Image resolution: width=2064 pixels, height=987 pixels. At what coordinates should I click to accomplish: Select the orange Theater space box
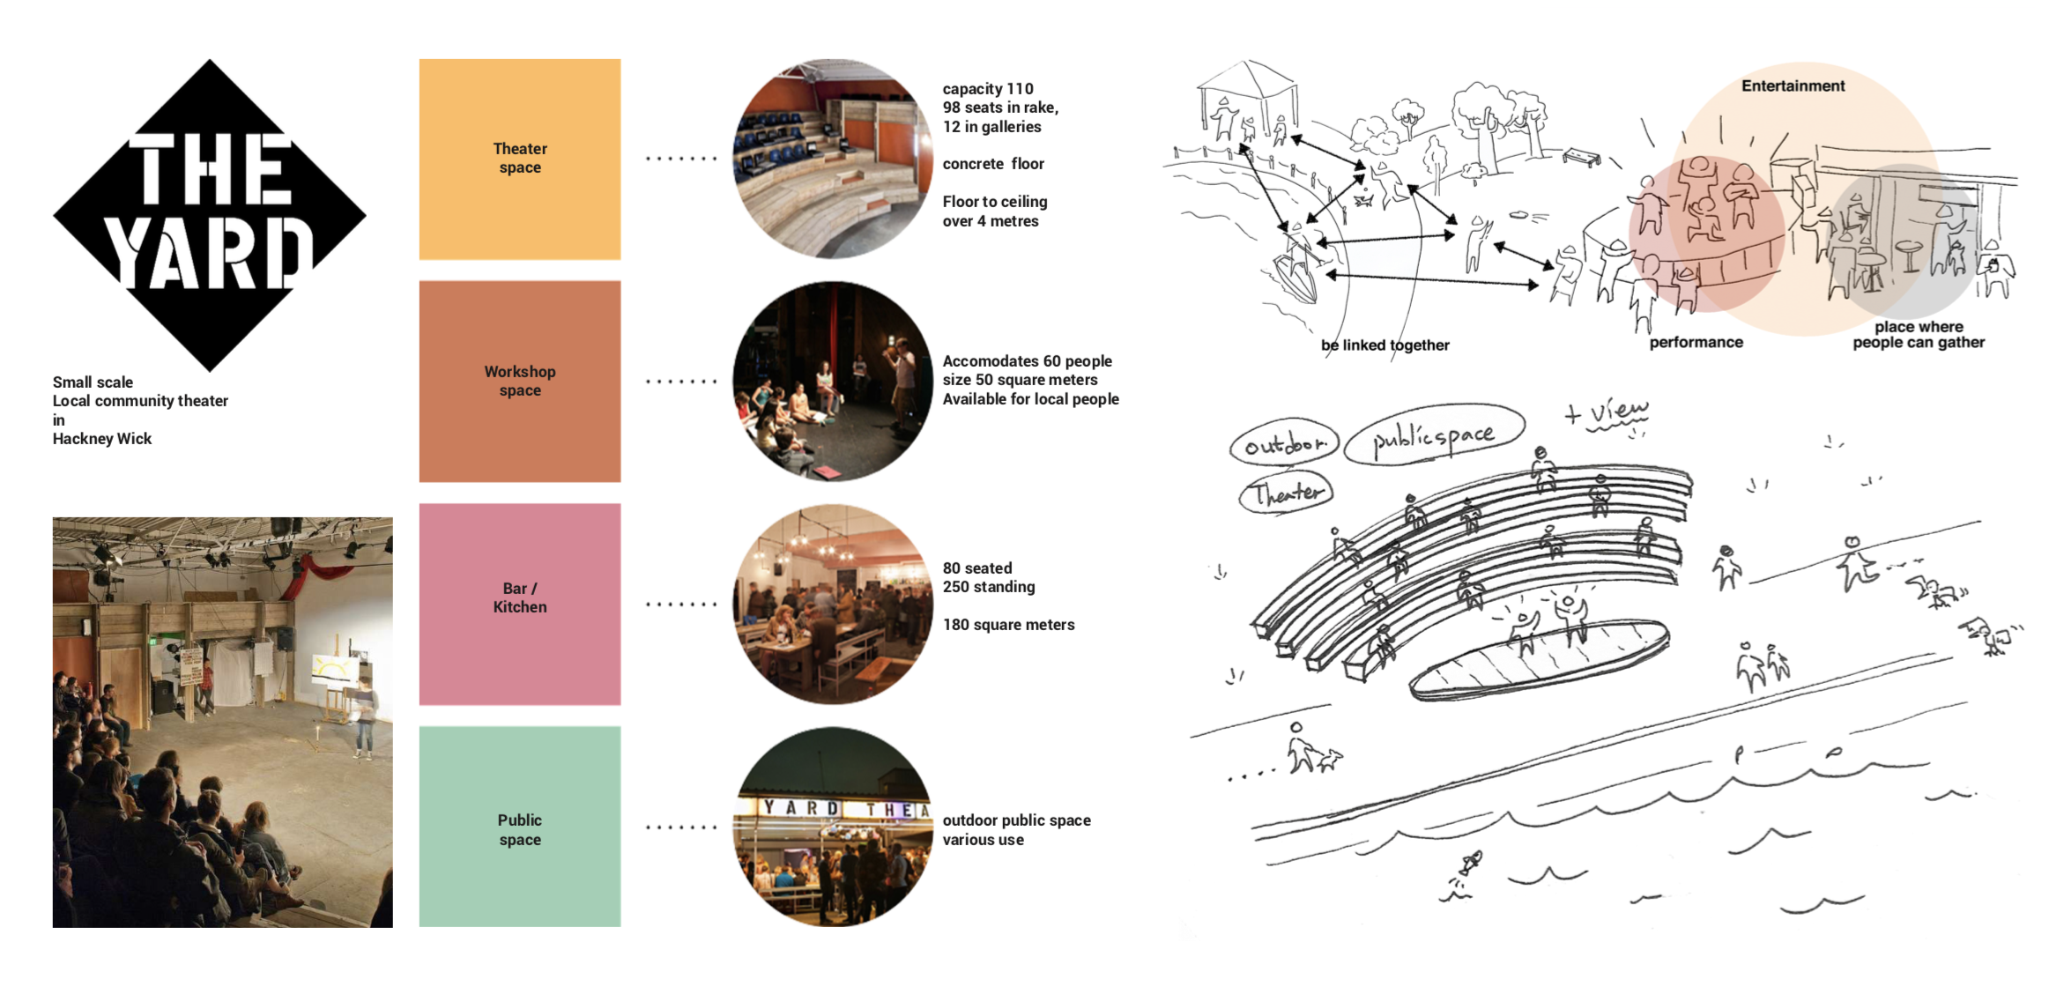[x=520, y=159]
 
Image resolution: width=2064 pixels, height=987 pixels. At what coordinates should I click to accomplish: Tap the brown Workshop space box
[x=520, y=381]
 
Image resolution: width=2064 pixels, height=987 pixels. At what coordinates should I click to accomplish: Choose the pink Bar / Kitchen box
[x=520, y=604]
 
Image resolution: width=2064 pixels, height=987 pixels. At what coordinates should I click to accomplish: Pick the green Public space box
[x=520, y=827]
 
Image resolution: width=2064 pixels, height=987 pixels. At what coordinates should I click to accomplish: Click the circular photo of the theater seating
[x=832, y=159]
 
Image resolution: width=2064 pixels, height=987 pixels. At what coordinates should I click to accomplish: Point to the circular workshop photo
[x=832, y=381]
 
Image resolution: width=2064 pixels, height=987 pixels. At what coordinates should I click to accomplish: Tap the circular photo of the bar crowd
[x=832, y=604]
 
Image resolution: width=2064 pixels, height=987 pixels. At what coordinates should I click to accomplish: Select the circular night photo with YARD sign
[x=832, y=827]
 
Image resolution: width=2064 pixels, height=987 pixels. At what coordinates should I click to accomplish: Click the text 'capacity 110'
[x=987, y=89]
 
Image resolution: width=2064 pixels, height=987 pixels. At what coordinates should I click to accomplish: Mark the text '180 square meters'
[x=1008, y=625]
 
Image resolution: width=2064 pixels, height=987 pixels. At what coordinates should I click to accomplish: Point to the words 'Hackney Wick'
[x=102, y=439]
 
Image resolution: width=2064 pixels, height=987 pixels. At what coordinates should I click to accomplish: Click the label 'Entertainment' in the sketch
[x=1793, y=86]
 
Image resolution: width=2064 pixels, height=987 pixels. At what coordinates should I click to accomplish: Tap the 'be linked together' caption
[x=1385, y=345]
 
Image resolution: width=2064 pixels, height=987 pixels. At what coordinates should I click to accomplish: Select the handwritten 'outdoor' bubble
[x=1284, y=444]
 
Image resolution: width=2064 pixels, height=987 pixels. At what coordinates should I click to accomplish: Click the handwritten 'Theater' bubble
[x=1287, y=493]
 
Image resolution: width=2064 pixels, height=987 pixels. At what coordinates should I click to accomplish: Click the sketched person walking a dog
[x=1311, y=751]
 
